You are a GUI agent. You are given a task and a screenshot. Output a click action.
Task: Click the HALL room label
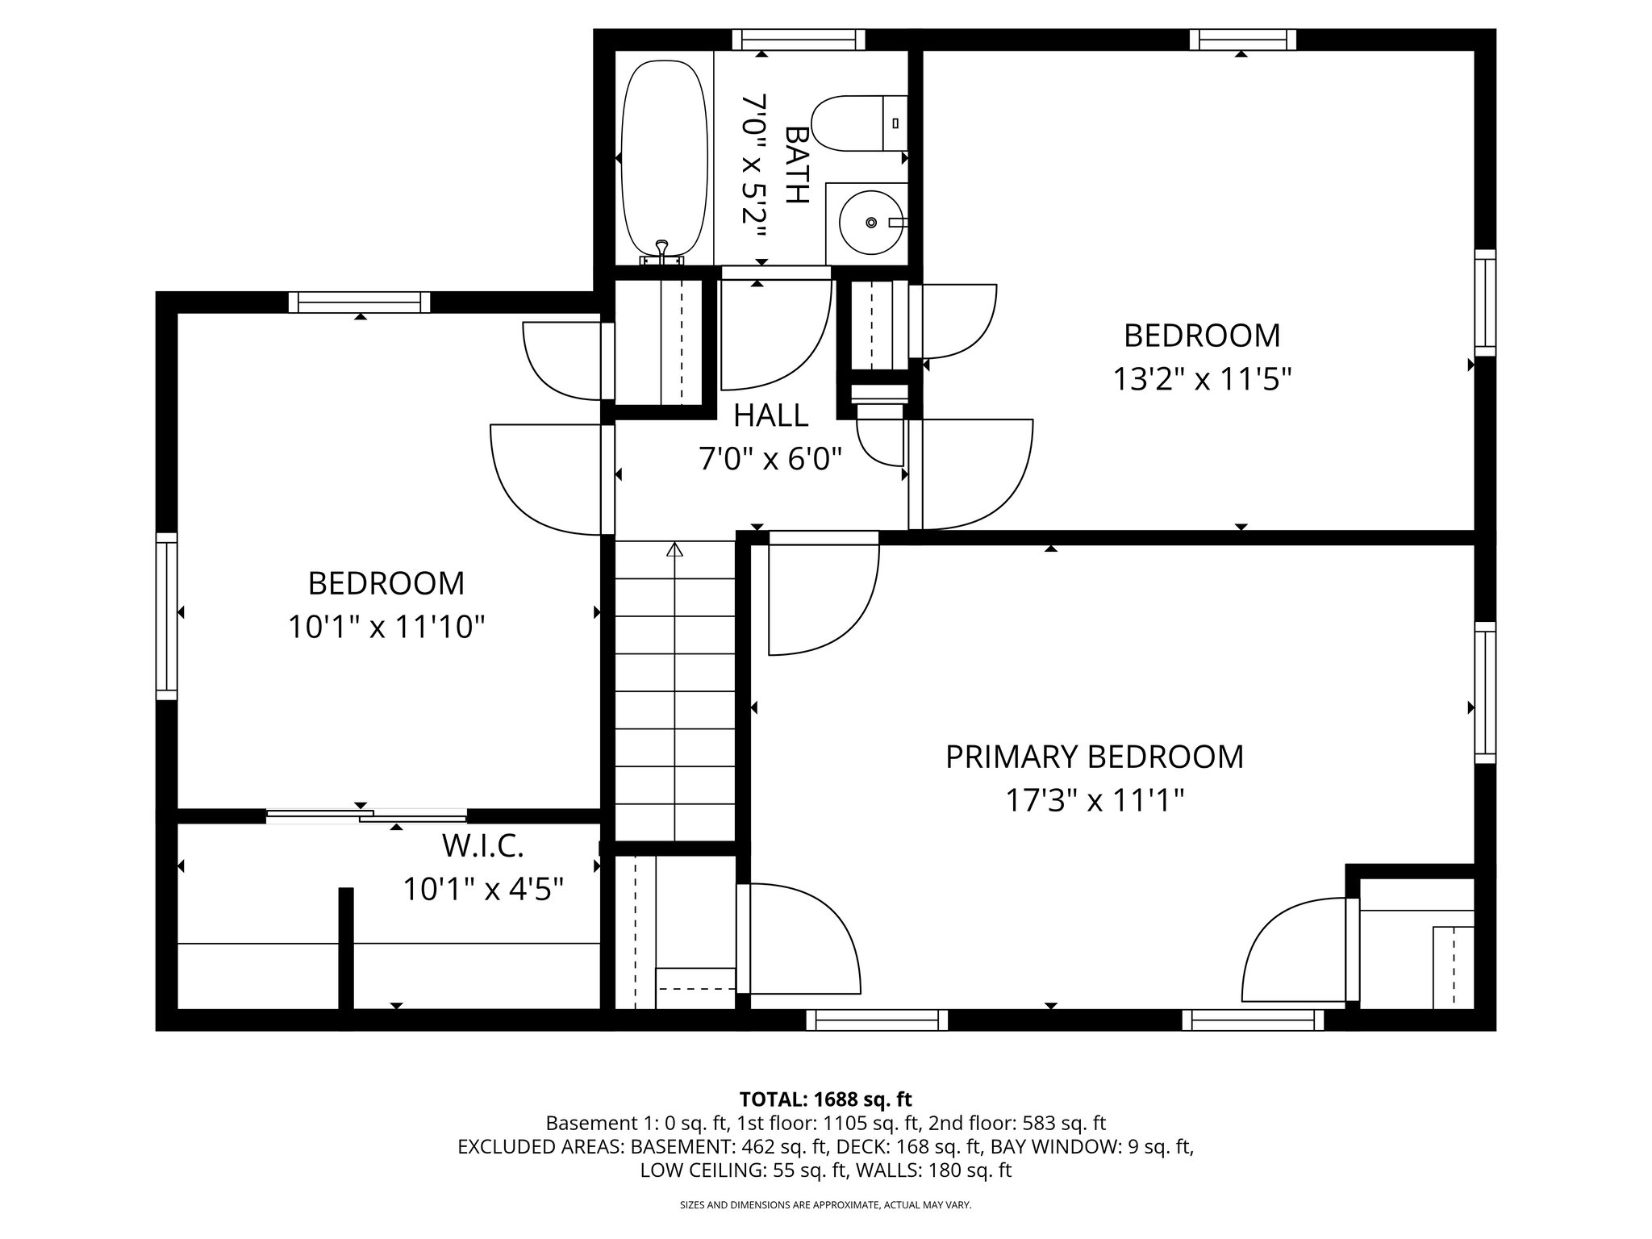coord(770,415)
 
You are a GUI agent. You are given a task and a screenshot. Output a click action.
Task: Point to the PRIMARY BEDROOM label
coord(1094,757)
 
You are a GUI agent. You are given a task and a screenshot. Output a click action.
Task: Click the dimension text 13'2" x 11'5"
coord(1202,378)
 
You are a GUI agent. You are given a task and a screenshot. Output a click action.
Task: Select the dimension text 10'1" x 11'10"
coord(386,627)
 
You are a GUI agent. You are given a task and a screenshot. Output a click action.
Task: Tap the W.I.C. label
coord(482,846)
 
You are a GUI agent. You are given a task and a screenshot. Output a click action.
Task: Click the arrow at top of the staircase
coord(674,550)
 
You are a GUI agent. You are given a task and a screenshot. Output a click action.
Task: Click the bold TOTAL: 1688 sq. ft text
coord(825,1099)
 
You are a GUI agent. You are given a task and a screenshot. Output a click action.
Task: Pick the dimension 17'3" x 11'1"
coord(1094,801)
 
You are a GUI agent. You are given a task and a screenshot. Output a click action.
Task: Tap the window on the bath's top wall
coord(798,40)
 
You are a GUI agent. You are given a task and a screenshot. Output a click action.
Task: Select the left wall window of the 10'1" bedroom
coord(166,617)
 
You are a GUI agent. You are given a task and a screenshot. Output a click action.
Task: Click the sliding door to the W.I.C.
coord(367,816)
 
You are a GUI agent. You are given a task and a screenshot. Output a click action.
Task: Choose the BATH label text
coord(796,165)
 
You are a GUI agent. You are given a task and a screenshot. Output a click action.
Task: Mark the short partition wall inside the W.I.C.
coord(346,948)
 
